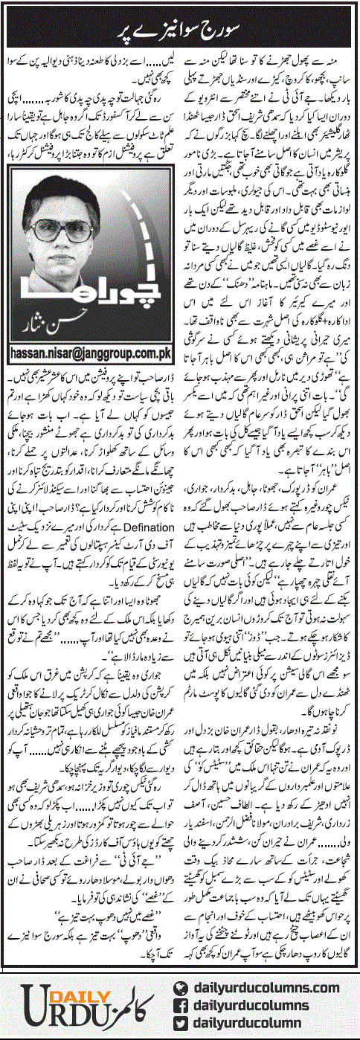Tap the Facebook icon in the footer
[x=179, y=1001]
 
